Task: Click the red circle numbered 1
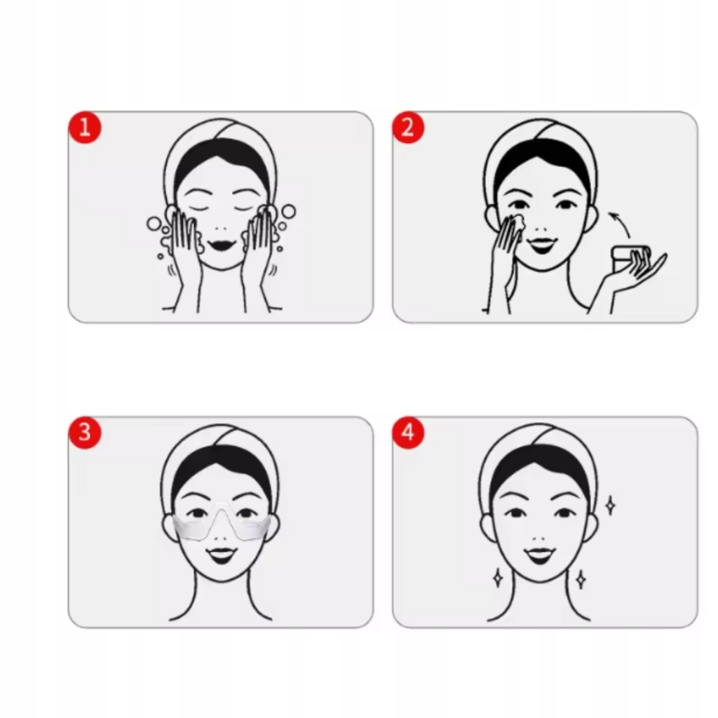pyautogui.click(x=85, y=127)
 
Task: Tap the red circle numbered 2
pyautogui.click(x=409, y=127)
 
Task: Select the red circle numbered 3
pyautogui.click(x=85, y=432)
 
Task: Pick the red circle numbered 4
pyautogui.click(x=409, y=432)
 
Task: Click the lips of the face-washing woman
pyautogui.click(x=221, y=245)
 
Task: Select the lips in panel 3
pyautogui.click(x=221, y=555)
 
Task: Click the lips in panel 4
pyautogui.click(x=541, y=555)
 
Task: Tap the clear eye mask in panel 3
pyautogui.click(x=222, y=523)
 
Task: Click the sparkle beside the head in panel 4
pyautogui.click(x=610, y=506)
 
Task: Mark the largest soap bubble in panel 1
pyautogui.click(x=288, y=212)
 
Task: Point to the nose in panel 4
pyautogui.click(x=541, y=539)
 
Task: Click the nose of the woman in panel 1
pyautogui.click(x=221, y=228)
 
